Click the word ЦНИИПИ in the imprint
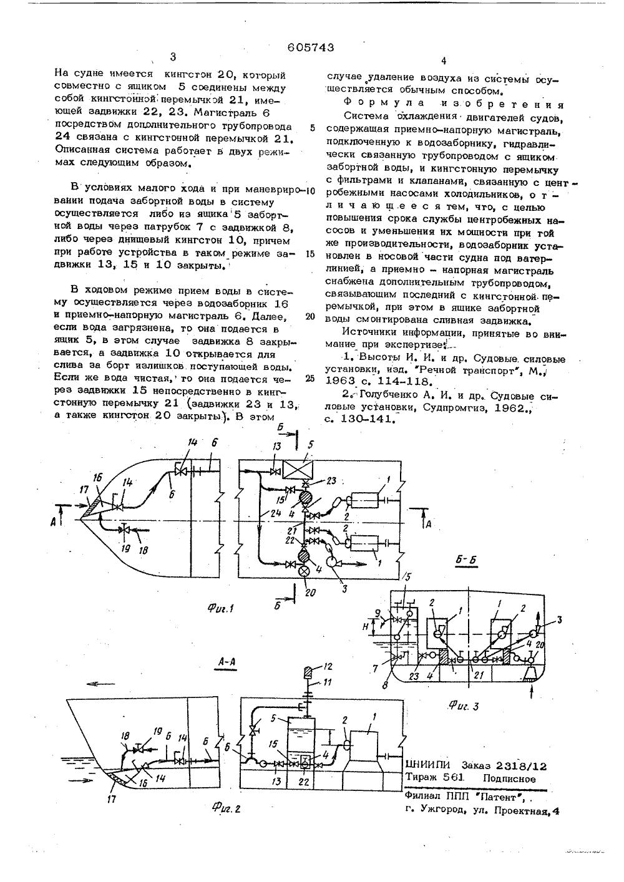[428, 765]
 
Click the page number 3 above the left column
[173, 57]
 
